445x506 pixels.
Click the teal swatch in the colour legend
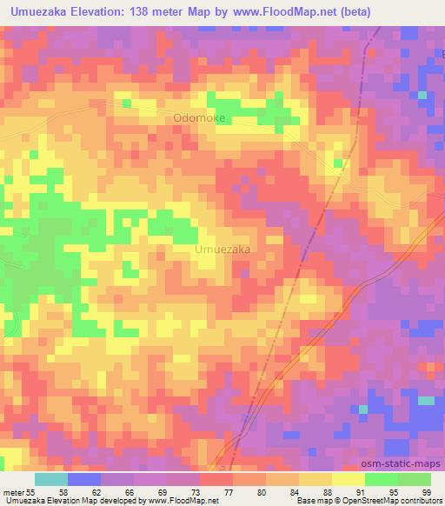[50, 479]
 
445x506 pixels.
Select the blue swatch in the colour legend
[83, 479]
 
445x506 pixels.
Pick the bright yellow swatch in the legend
[348, 479]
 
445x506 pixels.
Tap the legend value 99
[426, 491]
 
